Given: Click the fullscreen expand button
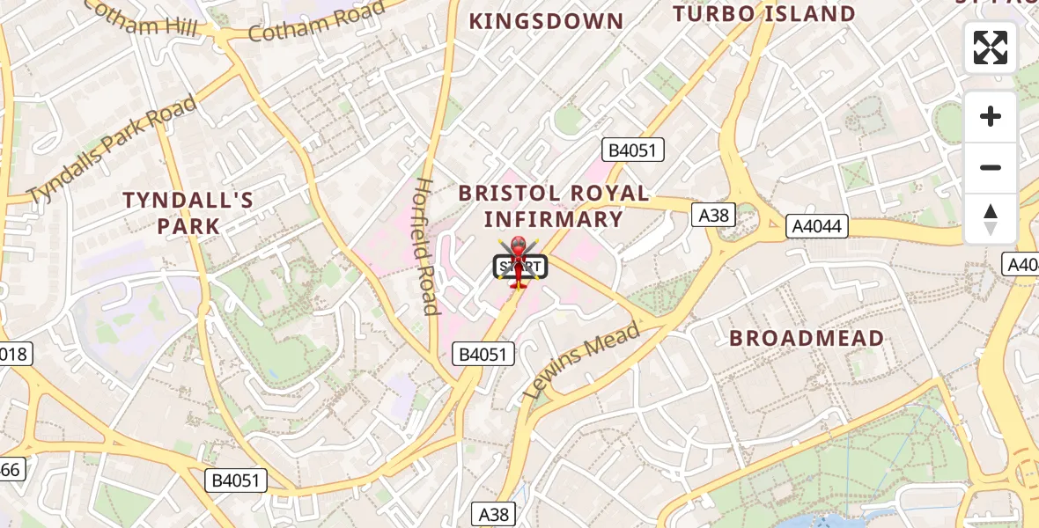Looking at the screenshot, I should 991,48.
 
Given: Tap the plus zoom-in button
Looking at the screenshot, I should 991,116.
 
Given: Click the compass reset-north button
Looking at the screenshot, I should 991,218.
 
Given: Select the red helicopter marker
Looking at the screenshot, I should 518,262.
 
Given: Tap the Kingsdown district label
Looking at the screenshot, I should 546,21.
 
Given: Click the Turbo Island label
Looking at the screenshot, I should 764,14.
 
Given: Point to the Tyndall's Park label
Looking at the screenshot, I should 188,213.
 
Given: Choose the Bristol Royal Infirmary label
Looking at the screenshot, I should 554,207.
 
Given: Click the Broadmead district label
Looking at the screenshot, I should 807,338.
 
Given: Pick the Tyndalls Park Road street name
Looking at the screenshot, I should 112,150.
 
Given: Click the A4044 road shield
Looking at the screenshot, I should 817,226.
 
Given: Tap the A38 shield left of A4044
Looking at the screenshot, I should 713,215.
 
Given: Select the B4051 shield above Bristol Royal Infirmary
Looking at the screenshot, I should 632,150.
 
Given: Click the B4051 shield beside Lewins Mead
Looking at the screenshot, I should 483,354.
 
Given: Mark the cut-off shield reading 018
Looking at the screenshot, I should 15,354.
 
